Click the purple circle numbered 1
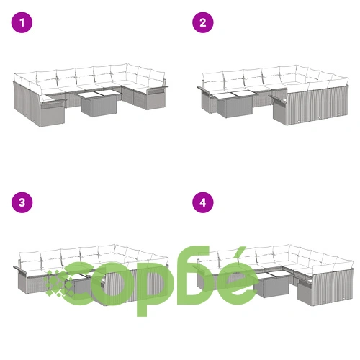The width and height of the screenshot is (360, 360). pos(22,22)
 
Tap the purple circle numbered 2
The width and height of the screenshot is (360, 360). pos(203,22)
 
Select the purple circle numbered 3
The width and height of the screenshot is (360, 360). pos(22,202)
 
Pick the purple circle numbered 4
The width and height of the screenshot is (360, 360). pos(203,202)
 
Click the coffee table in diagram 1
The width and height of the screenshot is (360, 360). pos(98,103)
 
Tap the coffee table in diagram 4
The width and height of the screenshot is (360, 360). pos(271,284)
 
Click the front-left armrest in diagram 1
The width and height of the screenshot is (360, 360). pos(53,103)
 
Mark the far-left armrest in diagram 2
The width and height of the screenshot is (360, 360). pos(204,91)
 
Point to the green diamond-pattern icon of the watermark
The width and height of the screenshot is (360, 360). pos(59,282)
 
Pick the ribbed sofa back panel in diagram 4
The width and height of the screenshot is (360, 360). pos(333,286)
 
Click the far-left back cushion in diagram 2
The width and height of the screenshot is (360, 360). pos(213,80)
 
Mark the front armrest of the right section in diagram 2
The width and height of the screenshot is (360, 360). pos(279,99)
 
